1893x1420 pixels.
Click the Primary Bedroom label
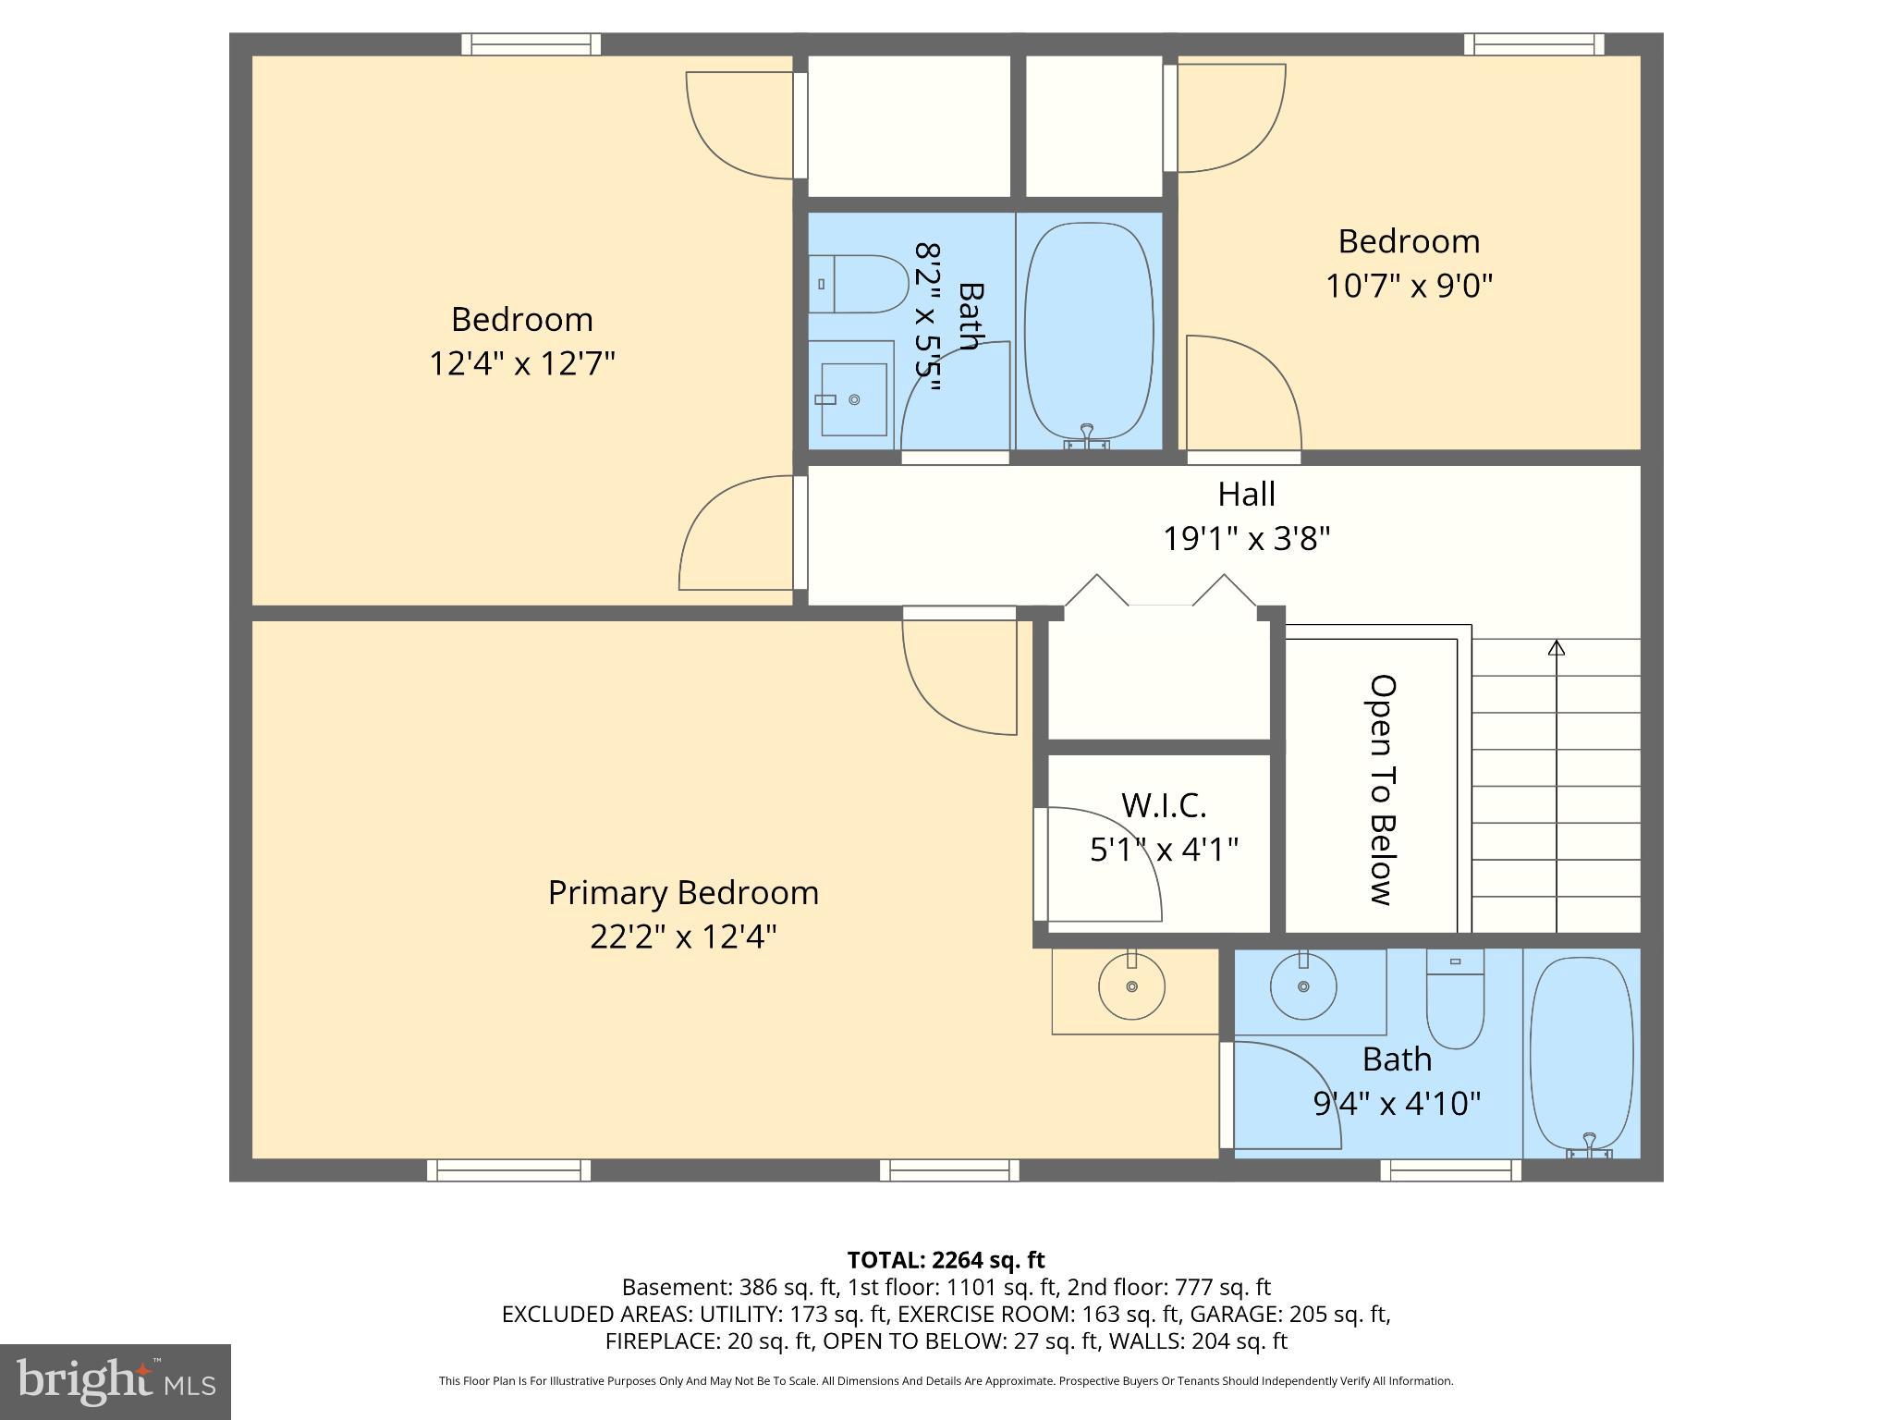coord(683,892)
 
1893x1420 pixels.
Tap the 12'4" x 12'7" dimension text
coord(522,363)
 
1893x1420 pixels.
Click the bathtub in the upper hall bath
coord(1089,331)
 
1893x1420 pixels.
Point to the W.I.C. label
coord(1164,805)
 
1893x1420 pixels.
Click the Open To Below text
coord(1381,790)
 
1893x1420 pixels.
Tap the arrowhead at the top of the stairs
coord(1557,648)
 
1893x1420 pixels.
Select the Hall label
coord(1246,494)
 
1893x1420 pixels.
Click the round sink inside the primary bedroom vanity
coord(1131,986)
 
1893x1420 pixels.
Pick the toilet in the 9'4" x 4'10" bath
coord(1455,1000)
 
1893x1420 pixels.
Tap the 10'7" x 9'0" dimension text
coord(1409,286)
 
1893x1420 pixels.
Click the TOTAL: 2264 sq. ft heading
coord(946,1260)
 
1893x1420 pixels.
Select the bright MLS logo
coord(115,1381)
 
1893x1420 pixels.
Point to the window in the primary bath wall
coord(1450,1170)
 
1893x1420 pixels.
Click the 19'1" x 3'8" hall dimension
coord(1246,538)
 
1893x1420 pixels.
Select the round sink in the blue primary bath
coord(1303,987)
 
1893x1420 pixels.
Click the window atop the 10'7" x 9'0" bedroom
coord(1533,44)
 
